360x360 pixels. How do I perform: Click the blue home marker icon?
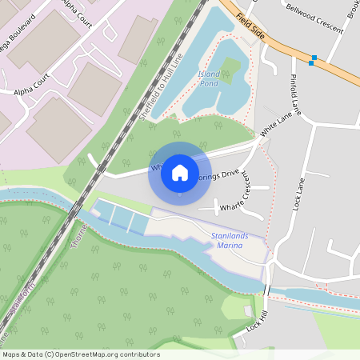point(180,172)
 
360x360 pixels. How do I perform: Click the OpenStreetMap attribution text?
point(80,354)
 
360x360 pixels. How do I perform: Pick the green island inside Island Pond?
point(230,68)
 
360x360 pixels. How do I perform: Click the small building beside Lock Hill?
point(248,310)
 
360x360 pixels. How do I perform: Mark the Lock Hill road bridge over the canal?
point(266,290)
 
